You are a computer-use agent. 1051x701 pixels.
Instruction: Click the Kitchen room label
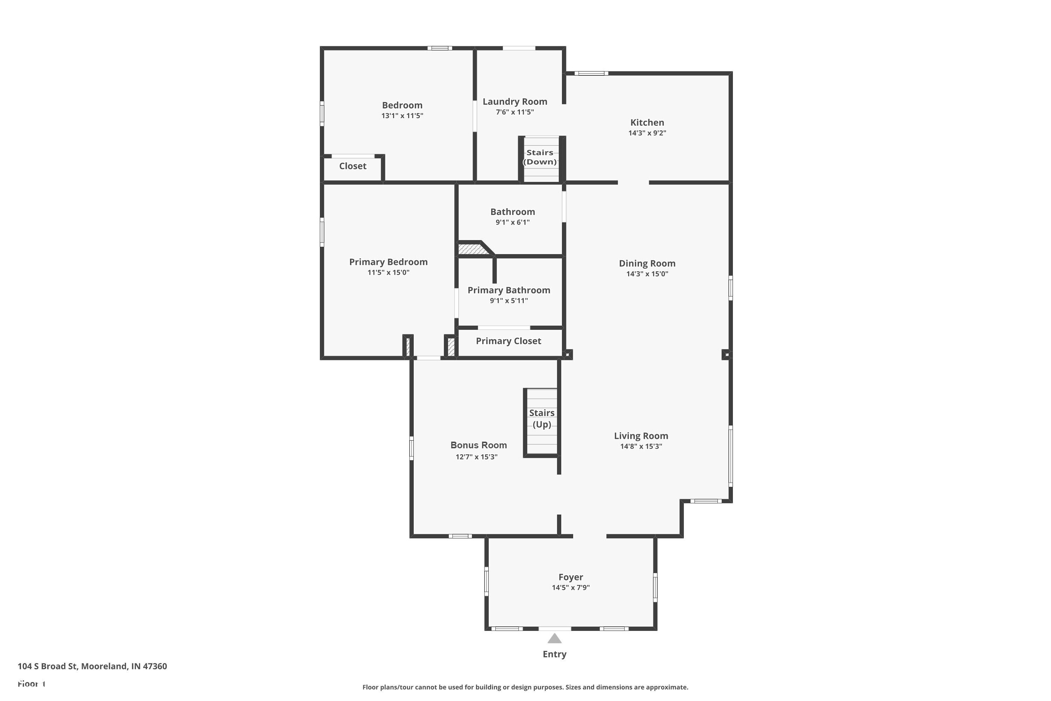[x=647, y=122]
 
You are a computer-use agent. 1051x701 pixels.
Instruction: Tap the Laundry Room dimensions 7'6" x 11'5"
[x=515, y=112]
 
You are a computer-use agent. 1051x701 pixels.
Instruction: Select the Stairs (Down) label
[x=540, y=157]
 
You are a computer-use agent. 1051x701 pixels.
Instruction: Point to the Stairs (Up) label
[x=542, y=418]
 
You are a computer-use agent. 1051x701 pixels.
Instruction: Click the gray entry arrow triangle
[x=555, y=638]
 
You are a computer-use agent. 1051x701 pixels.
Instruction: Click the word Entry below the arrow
[x=555, y=654]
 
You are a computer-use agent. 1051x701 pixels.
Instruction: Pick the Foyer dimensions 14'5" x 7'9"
[x=571, y=587]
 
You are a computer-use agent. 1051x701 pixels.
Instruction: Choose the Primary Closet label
[x=509, y=341]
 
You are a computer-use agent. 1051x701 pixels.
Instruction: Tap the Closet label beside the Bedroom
[x=352, y=166]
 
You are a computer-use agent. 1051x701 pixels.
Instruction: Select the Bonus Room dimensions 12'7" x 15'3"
[x=476, y=456]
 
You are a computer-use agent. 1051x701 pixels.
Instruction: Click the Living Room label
[x=641, y=436]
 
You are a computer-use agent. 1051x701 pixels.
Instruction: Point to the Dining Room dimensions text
[x=647, y=274]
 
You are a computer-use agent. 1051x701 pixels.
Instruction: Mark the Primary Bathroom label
[x=509, y=290]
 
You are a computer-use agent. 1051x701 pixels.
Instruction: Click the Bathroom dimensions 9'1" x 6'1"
[x=513, y=222]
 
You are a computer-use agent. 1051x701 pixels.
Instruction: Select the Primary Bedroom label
[x=388, y=262]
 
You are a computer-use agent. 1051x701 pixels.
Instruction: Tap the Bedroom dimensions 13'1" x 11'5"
[x=402, y=115]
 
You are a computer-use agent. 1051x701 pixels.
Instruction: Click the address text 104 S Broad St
[x=48, y=666]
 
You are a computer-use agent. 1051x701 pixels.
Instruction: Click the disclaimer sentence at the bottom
[x=525, y=687]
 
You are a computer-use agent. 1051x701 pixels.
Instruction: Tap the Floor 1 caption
[x=31, y=683]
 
